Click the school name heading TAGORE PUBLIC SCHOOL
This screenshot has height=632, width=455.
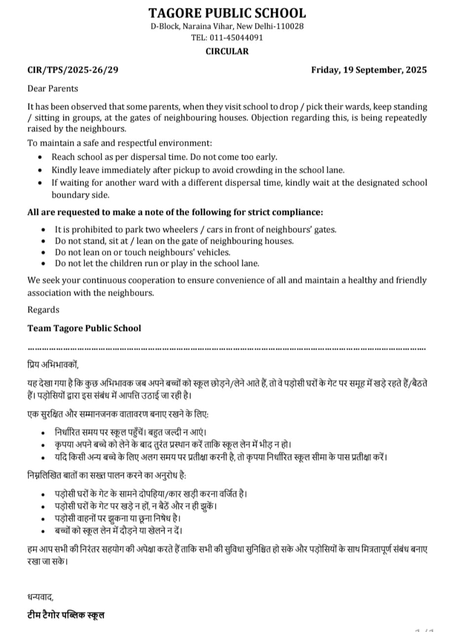pos(227,12)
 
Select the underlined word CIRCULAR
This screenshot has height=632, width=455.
pos(227,51)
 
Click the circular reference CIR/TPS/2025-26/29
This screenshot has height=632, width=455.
pos(73,70)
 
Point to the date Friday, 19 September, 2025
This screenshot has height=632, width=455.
pos(369,70)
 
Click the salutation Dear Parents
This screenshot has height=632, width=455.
pos(53,88)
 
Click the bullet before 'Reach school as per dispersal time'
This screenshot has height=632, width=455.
pos(40,158)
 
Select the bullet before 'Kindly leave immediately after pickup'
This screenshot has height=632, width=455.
pos(40,170)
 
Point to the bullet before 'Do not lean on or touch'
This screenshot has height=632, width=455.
pos(44,252)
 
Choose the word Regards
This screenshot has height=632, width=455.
pos(43,310)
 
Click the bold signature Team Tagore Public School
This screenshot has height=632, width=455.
pos(84,328)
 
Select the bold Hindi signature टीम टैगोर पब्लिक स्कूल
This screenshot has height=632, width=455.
pos(66,615)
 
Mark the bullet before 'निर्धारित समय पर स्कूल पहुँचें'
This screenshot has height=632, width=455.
pos(44,432)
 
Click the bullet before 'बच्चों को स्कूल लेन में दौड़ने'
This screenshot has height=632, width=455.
pos(44,531)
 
